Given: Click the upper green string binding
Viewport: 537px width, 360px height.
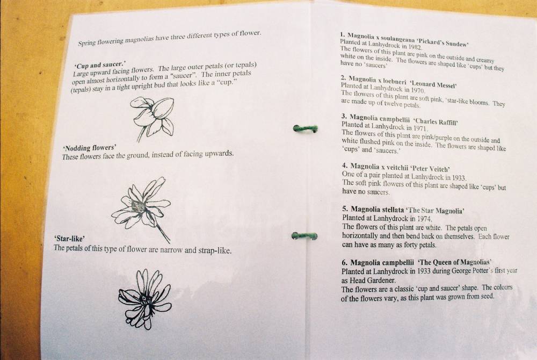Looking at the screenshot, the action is point(305,129).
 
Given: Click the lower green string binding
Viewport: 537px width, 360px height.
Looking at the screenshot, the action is point(304,236).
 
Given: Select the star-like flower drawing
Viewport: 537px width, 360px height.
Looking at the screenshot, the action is point(144,299).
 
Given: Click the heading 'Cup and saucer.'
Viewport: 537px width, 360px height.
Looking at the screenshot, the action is point(100,64).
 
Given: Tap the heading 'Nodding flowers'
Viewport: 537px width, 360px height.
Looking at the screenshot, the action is point(90,148).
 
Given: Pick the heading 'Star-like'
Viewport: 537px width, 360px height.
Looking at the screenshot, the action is point(69,239).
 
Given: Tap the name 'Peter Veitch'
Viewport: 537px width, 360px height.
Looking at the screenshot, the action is point(430,169).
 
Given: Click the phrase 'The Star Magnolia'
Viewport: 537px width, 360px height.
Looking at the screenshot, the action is point(435,210).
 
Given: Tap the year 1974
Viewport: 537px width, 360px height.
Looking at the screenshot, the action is point(424,219).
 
